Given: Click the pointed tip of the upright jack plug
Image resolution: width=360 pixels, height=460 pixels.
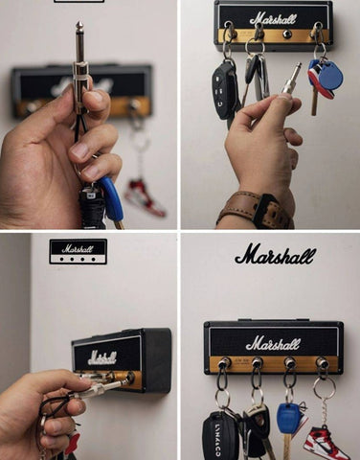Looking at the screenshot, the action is coord(79,22).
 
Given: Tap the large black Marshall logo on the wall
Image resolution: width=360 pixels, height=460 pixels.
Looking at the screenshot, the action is coord(276,255).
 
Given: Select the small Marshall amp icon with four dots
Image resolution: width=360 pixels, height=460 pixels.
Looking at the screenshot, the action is coord(78,251).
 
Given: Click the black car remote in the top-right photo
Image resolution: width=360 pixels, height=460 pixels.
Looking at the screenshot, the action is coord(223,90).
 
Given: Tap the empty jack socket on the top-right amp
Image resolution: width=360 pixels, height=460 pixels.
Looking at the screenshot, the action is coord(286,34).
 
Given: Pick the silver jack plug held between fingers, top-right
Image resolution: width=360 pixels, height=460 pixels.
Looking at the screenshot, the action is coord(291,79).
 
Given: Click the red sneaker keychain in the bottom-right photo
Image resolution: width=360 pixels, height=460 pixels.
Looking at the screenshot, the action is coord(325,443).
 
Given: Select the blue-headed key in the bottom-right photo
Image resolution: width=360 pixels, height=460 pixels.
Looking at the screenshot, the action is coord(288,425).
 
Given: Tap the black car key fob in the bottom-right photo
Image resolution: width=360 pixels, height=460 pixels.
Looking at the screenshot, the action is coord(216,436).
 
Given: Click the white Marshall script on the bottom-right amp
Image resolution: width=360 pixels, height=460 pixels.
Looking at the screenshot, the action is coord(273,343).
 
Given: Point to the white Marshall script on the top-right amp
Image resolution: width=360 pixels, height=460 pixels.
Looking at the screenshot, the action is coord(273,19).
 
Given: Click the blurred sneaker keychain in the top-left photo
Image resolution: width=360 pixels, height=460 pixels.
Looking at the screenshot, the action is coord(145,197).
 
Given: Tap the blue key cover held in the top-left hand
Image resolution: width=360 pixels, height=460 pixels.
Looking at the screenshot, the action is coord(111,198).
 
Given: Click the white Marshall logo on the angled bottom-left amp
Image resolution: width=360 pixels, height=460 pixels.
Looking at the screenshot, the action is coord(101,357).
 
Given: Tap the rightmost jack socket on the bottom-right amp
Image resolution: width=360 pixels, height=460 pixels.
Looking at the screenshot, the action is coord(321,362).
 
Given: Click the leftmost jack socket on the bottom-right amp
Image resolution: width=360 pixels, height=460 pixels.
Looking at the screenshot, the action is coord(224,362).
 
